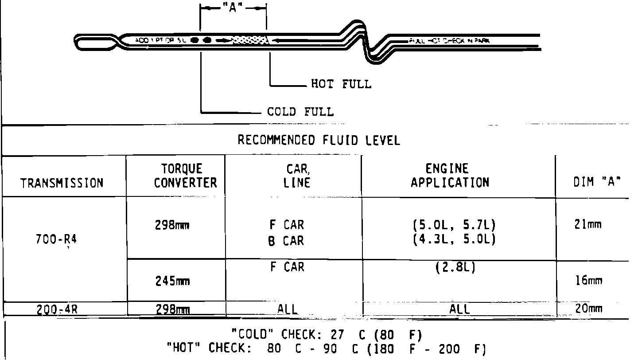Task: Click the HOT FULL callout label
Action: click(x=341, y=84)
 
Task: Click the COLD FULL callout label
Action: click(x=300, y=111)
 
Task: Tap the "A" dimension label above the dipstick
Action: click(x=233, y=8)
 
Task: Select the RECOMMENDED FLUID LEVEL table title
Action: click(x=319, y=141)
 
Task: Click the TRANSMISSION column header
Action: click(x=62, y=183)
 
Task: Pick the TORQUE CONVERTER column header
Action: click(x=185, y=176)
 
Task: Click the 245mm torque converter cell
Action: click(x=172, y=281)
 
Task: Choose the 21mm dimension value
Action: click(x=588, y=225)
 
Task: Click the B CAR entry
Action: click(x=286, y=241)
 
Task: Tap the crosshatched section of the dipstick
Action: click(x=250, y=40)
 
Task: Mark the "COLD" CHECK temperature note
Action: click(x=326, y=333)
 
